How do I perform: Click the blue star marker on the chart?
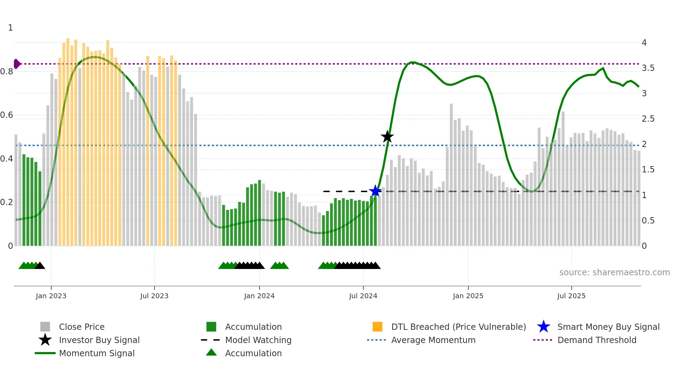(375, 191)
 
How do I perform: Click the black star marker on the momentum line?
(387, 137)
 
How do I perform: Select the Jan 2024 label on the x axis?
(259, 296)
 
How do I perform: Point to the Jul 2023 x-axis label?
(154, 296)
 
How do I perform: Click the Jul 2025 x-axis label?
(571, 296)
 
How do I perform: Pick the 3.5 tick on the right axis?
(648, 68)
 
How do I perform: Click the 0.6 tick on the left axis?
(7, 115)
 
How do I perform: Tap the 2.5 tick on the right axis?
(648, 119)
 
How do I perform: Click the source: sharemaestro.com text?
(614, 272)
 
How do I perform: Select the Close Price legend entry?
(82, 327)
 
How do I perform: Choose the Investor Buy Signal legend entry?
(99, 340)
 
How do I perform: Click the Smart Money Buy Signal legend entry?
(608, 327)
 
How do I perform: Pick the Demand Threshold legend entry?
(597, 340)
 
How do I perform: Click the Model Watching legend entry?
(258, 340)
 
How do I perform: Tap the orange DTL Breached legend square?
(377, 327)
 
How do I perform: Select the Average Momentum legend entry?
(433, 340)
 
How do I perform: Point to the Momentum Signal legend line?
(45, 353)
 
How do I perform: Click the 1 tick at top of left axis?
(10, 28)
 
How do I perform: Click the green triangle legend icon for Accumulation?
(211, 352)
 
